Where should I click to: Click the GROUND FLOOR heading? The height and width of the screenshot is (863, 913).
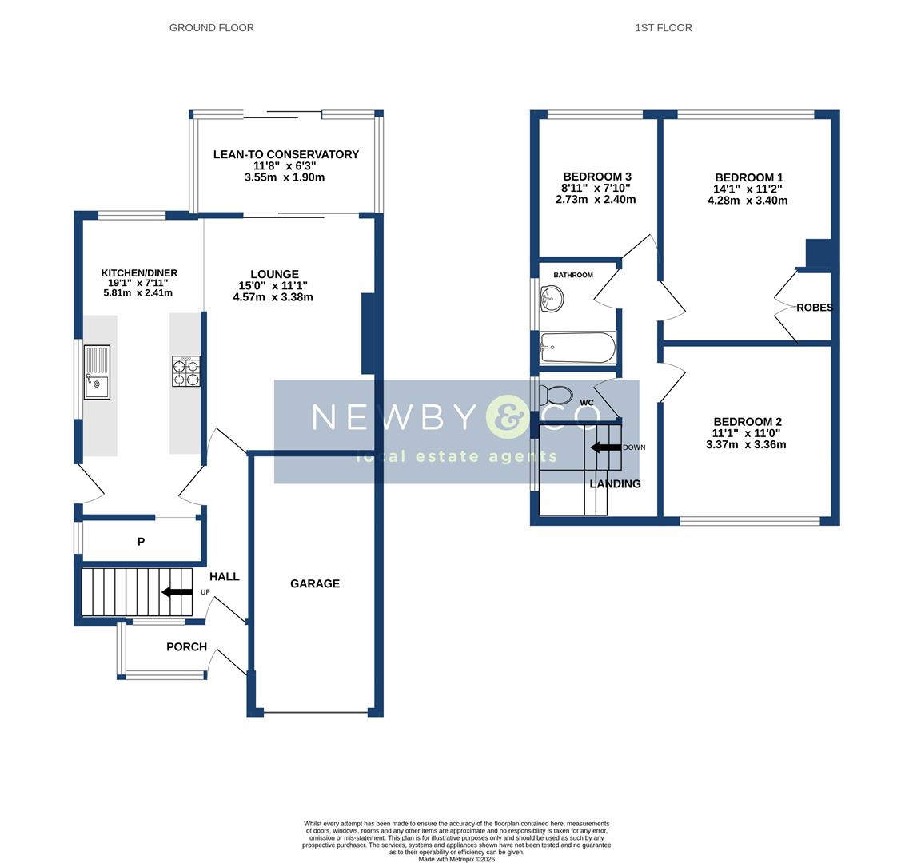click(x=212, y=28)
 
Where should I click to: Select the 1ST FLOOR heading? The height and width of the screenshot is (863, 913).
click(x=664, y=28)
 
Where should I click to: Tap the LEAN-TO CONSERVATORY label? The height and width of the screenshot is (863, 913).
click(x=285, y=154)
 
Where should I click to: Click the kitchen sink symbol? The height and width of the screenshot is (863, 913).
click(x=97, y=372)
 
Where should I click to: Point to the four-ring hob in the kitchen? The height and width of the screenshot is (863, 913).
click(x=186, y=372)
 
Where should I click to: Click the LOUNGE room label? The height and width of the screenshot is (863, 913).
click(x=274, y=274)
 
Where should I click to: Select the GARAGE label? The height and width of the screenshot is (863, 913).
click(x=315, y=584)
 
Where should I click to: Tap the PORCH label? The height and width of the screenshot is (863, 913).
click(x=186, y=647)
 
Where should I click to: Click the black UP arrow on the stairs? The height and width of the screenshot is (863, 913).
click(x=177, y=592)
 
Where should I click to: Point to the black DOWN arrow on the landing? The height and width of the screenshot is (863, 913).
click(x=606, y=447)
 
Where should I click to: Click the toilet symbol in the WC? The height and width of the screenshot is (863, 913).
click(x=556, y=395)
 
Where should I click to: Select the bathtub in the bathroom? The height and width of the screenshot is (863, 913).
click(x=577, y=348)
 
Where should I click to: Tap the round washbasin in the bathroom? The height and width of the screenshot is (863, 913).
click(x=552, y=300)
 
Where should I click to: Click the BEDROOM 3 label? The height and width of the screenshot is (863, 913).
click(x=597, y=177)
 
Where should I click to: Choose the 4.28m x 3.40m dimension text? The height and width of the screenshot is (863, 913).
click(x=748, y=201)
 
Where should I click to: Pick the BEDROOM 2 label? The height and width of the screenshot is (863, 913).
click(x=748, y=422)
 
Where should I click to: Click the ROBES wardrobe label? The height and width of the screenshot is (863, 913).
click(x=814, y=308)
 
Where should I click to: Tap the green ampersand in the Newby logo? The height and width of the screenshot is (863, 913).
click(x=508, y=417)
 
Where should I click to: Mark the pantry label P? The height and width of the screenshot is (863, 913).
click(x=141, y=542)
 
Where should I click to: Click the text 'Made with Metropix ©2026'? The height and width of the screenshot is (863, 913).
click(x=456, y=859)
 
